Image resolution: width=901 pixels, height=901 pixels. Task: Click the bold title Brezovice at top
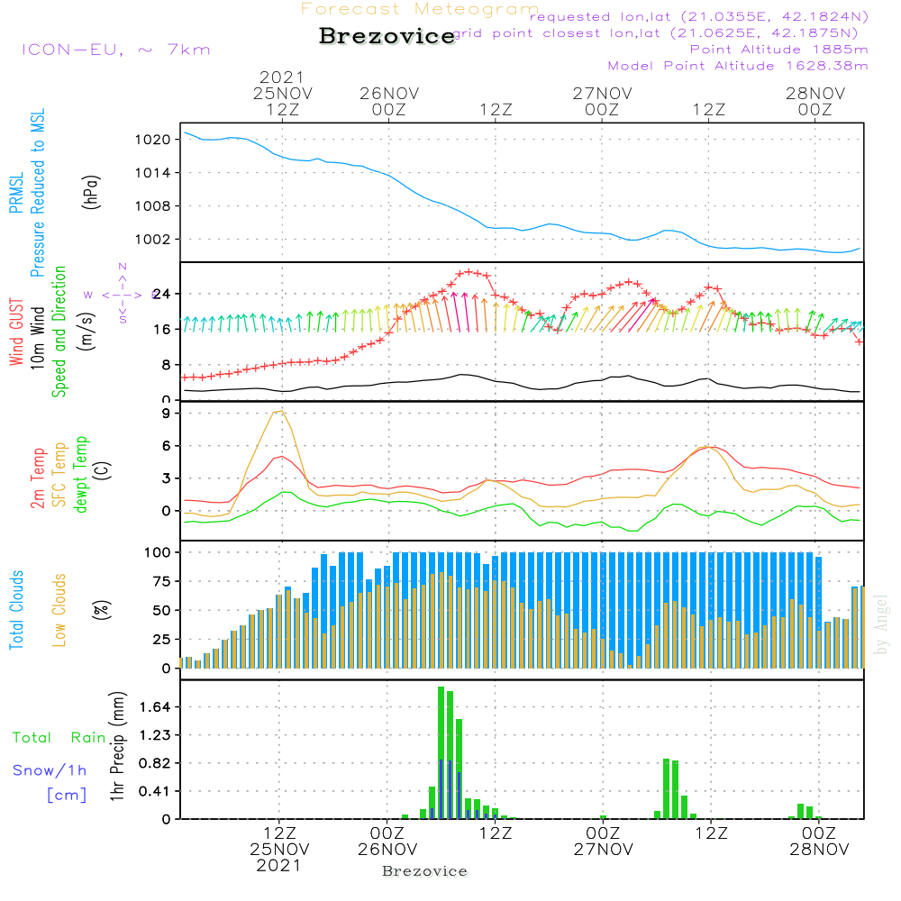coord(387,37)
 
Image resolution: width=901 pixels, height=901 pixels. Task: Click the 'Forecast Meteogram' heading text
coord(420,10)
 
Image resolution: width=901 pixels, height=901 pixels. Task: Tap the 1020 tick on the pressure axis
coord(154,140)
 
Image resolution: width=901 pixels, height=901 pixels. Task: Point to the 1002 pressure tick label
coord(154,240)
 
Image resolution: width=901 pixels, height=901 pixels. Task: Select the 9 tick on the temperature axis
coord(165,414)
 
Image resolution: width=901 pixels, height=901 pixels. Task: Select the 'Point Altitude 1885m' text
coord(779,50)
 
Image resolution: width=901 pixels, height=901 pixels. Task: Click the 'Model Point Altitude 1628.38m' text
coord(738,66)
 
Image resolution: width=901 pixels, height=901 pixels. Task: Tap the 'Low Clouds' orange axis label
coord(59,609)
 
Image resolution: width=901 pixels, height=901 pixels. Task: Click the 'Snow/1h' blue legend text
coord(50,770)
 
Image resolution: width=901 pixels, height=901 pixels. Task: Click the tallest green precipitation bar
coord(441,752)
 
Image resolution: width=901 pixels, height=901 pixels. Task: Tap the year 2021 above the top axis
coord(282,77)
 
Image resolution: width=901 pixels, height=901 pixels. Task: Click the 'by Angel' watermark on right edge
coord(881,624)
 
